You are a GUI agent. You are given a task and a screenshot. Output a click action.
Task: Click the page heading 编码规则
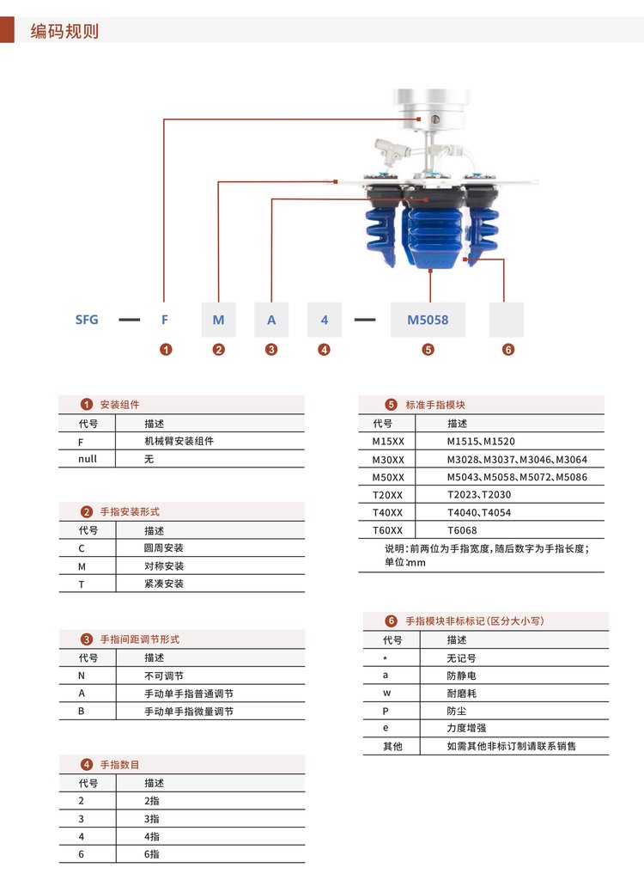[64, 31]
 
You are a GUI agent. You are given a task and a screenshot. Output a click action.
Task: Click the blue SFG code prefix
[87, 320]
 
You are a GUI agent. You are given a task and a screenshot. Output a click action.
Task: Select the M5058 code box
[428, 320]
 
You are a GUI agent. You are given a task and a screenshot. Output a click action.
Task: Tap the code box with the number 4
[325, 320]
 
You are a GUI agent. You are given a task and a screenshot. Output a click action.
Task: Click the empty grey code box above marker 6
[507, 320]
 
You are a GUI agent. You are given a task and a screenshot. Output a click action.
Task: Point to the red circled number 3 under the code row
[271, 350]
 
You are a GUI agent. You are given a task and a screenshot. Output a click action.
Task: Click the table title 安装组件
[119, 405]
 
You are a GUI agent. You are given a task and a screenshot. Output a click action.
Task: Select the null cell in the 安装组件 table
[88, 459]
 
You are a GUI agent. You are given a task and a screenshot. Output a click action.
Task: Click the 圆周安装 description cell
[164, 548]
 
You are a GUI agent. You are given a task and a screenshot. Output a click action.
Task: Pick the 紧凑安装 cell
[164, 584]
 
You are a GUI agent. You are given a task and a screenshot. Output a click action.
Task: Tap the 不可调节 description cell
[164, 675]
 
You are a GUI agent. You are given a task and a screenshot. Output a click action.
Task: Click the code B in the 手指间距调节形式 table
[82, 712]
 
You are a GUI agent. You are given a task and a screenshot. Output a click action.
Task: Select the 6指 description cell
[151, 854]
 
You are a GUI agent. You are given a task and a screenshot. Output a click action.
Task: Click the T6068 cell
[462, 530]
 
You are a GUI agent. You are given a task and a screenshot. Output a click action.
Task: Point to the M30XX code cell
[388, 460]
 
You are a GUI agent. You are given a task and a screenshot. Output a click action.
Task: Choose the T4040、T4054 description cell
[479, 512]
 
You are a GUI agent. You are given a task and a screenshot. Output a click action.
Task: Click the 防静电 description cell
[461, 675]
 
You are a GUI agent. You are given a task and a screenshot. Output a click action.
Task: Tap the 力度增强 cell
[466, 728]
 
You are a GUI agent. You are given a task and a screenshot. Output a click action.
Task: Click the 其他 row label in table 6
[392, 746]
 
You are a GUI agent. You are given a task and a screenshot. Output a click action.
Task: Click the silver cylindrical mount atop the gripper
[429, 110]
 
